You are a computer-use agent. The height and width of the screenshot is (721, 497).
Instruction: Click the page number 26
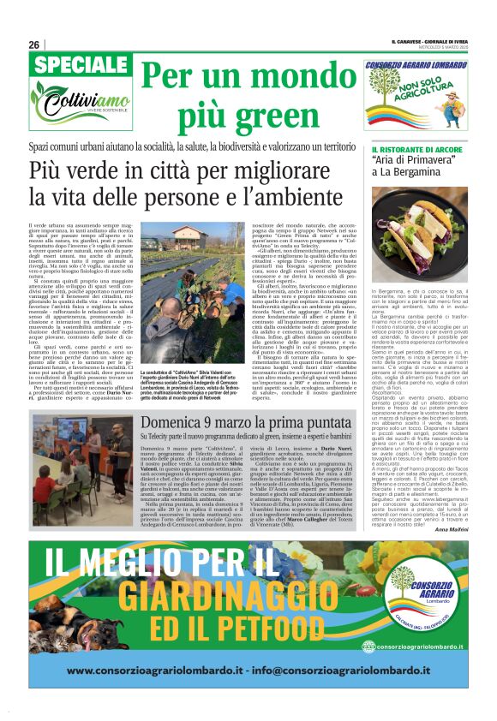33,45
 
